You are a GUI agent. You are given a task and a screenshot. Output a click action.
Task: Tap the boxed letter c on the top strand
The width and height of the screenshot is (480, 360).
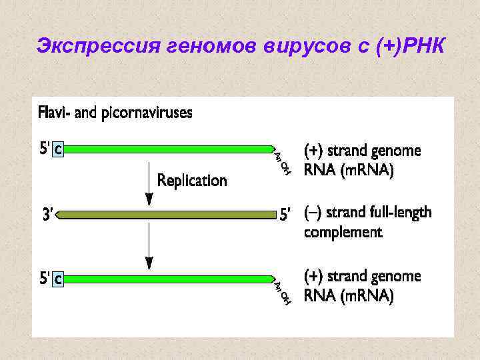tap(59, 150)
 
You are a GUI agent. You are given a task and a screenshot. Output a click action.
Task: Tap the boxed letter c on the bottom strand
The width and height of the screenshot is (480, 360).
tap(59, 280)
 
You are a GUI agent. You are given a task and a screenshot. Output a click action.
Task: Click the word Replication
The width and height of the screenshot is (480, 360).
tap(192, 180)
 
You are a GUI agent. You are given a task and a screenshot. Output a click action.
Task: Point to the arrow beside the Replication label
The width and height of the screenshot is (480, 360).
tap(149, 183)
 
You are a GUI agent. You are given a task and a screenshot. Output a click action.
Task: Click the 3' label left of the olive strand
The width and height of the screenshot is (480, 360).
tap(47, 215)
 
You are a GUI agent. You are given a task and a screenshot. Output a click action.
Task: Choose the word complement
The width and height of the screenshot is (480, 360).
tap(343, 232)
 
